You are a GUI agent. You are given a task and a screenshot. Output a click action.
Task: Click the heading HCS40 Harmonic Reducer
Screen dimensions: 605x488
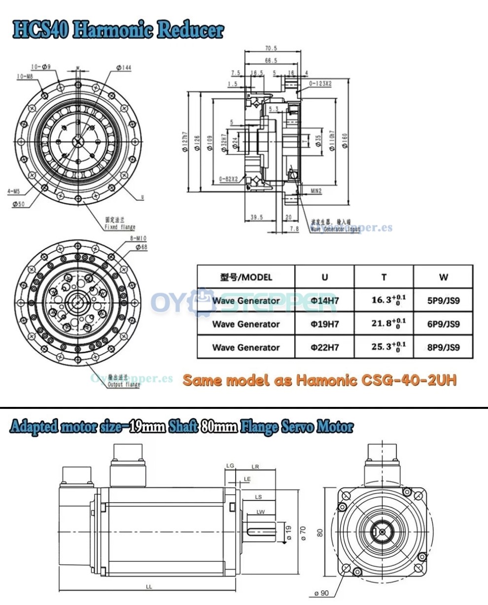click(118, 30)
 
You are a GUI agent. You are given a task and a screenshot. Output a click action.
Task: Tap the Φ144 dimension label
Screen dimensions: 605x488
click(124, 67)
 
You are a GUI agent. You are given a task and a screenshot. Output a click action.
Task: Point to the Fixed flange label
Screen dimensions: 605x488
click(120, 227)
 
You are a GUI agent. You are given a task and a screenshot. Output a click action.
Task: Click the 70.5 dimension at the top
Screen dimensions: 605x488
click(271, 48)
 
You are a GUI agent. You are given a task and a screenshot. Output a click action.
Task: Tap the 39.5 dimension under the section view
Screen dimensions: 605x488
click(256, 217)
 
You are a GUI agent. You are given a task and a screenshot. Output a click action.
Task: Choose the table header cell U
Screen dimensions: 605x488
click(324, 277)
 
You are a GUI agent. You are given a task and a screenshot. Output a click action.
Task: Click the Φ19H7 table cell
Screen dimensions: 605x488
click(324, 324)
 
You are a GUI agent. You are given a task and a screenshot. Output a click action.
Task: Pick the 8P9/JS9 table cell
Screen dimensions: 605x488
click(443, 347)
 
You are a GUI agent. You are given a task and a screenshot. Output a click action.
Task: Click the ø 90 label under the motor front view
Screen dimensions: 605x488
click(323, 593)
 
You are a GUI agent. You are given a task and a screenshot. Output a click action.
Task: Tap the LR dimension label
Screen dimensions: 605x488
click(255, 466)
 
